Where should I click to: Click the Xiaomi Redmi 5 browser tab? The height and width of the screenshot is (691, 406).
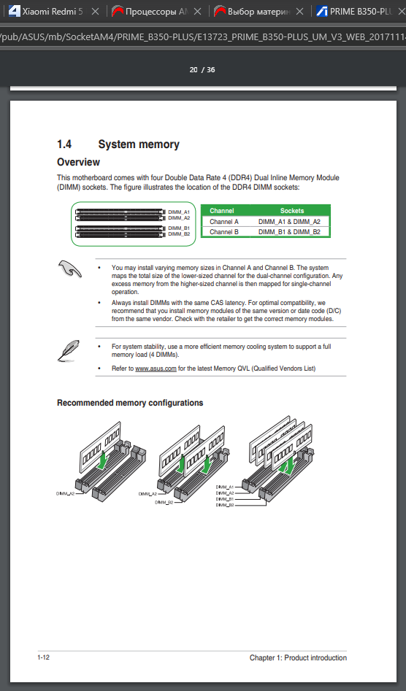coord(52,12)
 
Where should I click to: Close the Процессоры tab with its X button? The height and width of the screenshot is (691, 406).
coord(197,12)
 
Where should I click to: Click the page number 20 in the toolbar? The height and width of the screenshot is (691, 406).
coord(194,69)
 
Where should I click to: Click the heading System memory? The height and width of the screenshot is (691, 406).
coord(139,144)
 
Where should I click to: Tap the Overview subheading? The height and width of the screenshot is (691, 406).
coord(78,162)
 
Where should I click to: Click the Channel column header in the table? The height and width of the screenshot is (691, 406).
coord(222,211)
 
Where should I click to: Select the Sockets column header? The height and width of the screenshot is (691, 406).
coord(292,211)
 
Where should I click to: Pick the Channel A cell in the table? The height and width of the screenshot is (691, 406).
coord(224,222)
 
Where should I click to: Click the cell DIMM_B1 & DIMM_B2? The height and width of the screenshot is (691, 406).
coord(289,232)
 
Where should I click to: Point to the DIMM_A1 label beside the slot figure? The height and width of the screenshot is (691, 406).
coord(179,212)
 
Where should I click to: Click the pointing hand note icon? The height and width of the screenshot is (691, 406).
coord(69,269)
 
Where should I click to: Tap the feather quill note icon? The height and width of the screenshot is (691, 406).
coord(69,350)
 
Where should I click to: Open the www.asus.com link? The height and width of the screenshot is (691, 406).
coord(156,368)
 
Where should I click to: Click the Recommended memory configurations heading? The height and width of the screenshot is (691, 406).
coord(130,403)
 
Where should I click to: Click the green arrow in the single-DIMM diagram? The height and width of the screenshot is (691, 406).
coord(102,460)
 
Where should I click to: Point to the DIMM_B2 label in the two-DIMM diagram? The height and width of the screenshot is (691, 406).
coord(164,503)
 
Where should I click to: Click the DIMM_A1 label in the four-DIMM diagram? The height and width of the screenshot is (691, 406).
coord(225,487)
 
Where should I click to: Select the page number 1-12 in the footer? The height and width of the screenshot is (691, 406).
coord(43,657)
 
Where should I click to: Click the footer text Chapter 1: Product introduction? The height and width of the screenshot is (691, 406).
coord(298,658)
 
